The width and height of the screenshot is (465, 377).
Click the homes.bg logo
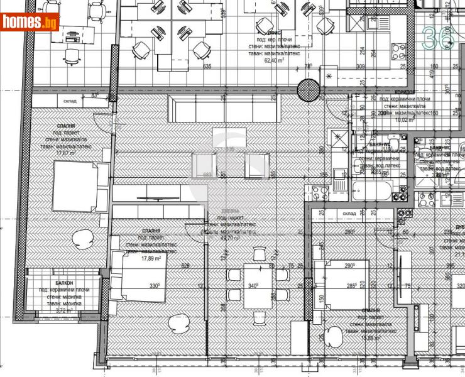click(30, 22)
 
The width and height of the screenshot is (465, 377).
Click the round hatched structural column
click(309, 89)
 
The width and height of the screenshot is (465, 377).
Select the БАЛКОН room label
click(63, 283)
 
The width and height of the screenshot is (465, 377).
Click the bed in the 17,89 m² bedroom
click(139, 278)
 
